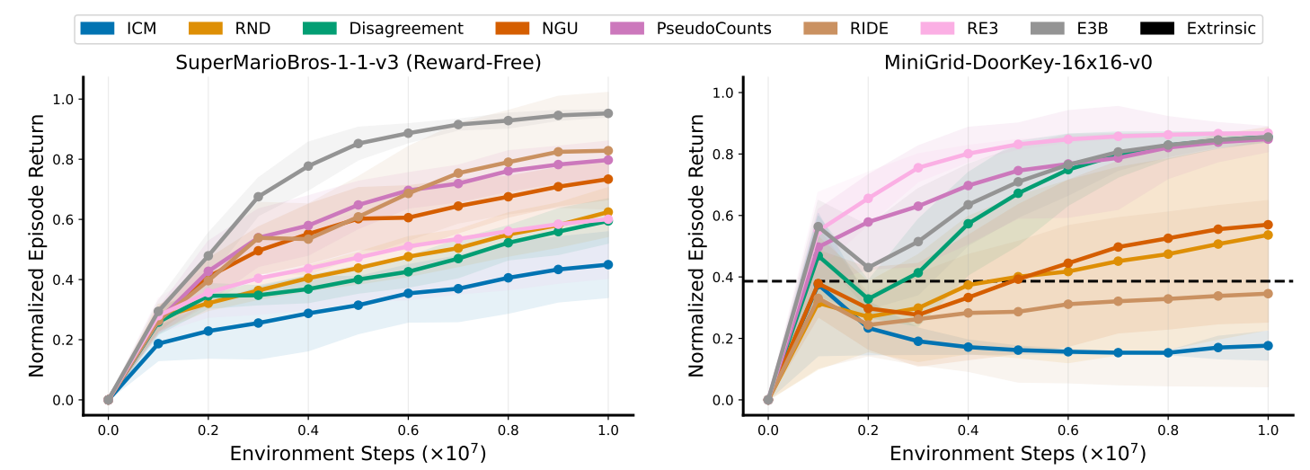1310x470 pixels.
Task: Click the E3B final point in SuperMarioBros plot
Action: coord(608,113)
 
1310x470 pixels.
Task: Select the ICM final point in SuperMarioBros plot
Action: coord(608,264)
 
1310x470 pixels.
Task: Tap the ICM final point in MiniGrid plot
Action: coord(1268,345)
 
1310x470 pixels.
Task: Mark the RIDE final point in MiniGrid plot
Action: coord(1268,293)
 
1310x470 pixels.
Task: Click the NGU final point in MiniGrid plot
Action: coord(1268,225)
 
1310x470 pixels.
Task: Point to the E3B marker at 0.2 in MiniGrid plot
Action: coord(868,268)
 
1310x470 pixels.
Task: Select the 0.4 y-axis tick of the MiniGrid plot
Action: coord(722,277)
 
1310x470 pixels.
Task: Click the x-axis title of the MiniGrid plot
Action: coord(1018,454)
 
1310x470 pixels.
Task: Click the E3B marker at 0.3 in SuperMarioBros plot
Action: coord(258,197)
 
